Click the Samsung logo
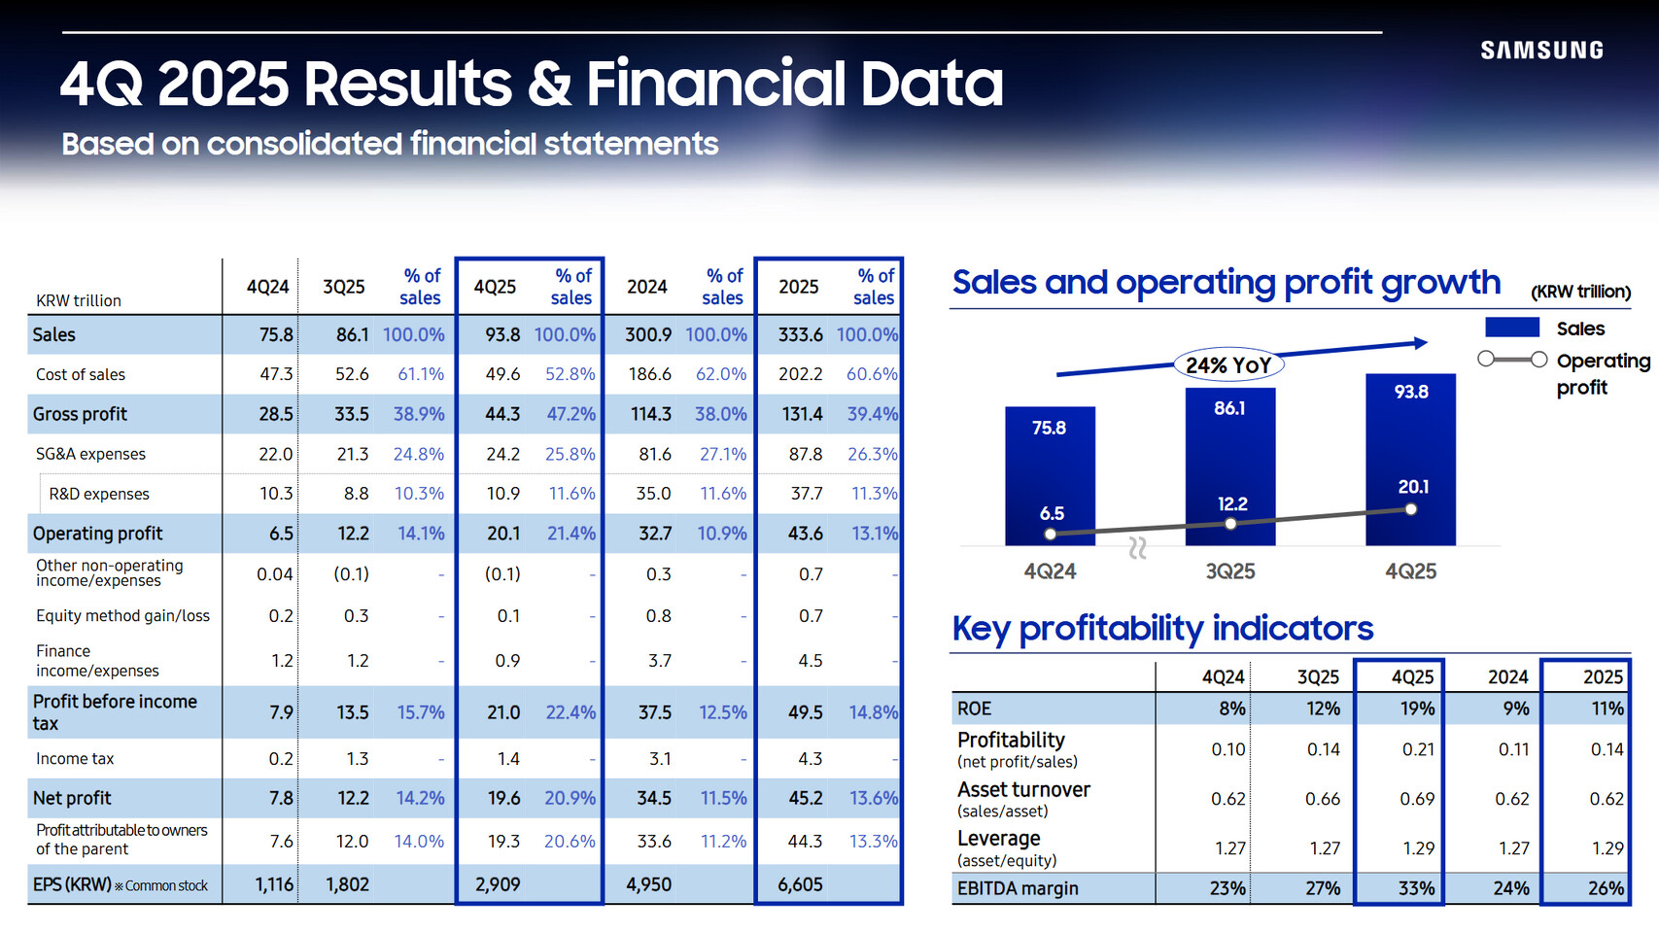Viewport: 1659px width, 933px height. coord(1541,51)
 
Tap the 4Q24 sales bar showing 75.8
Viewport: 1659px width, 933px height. coord(1050,475)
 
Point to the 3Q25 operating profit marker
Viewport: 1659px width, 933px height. coord(1230,524)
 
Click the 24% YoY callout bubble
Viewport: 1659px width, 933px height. coord(1228,365)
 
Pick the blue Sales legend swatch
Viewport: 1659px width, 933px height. coord(1511,328)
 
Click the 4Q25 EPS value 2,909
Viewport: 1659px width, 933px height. coord(498,884)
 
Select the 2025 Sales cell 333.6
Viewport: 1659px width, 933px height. coord(800,334)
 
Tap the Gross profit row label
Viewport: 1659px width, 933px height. coord(80,414)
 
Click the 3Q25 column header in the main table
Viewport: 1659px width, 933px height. coord(343,287)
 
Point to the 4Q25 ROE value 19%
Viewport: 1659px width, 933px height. coord(1417,708)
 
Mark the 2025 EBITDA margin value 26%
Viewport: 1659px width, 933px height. coord(1606,888)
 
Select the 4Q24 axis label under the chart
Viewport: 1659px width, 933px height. coord(1050,571)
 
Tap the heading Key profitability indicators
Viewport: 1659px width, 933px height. coord(1162,629)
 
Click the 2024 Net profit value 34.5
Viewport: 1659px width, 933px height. coord(654,798)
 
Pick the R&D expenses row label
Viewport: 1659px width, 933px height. coord(99,494)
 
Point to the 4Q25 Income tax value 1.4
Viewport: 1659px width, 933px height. coord(508,758)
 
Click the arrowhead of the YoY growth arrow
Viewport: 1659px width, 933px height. coord(1421,343)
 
